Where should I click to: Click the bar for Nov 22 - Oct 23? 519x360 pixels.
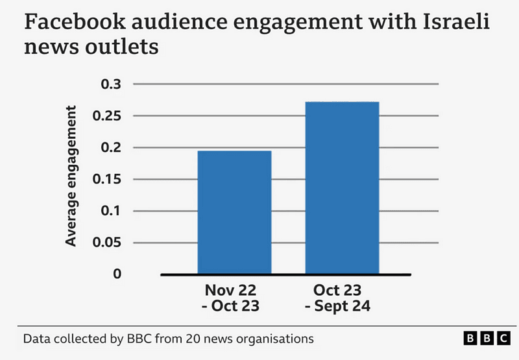pos(234,212)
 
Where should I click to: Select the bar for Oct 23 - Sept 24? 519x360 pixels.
pos(342,187)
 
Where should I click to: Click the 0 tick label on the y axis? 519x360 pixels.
pos(117,274)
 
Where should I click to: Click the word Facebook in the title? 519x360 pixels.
pos(72,24)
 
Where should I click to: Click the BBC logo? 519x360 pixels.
pos(485,339)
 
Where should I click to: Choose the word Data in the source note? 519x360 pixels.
pos(36,339)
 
